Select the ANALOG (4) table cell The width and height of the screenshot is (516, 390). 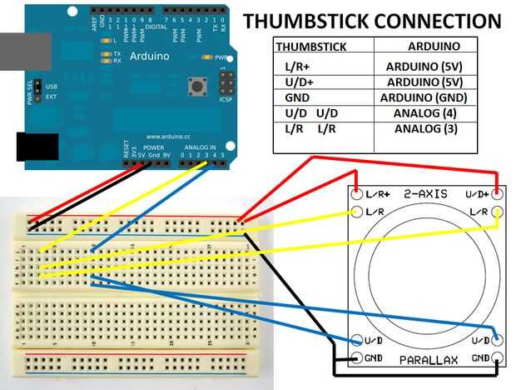point(424,113)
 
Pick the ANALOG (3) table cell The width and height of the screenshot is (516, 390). point(424,129)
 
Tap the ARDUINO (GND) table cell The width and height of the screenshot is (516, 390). point(424,97)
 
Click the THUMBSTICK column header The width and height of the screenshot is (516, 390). point(311,47)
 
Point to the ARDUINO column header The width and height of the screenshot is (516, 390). point(424,47)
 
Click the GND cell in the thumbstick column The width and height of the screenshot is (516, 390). point(298,97)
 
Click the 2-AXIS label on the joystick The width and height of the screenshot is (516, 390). point(426,193)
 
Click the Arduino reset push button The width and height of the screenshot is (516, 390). point(198,86)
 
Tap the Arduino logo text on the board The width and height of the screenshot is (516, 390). point(150,57)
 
